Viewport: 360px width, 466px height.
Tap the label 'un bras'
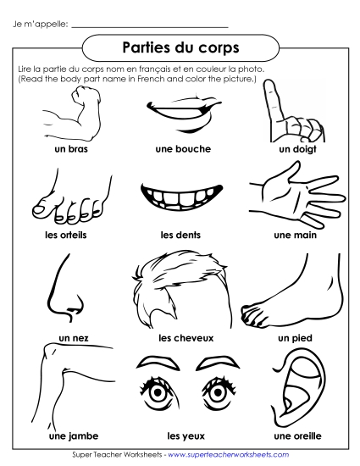point(69,149)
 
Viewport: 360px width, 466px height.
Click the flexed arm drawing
point(68,114)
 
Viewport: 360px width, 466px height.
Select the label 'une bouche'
point(184,149)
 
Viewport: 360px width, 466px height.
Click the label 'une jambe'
point(69,436)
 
